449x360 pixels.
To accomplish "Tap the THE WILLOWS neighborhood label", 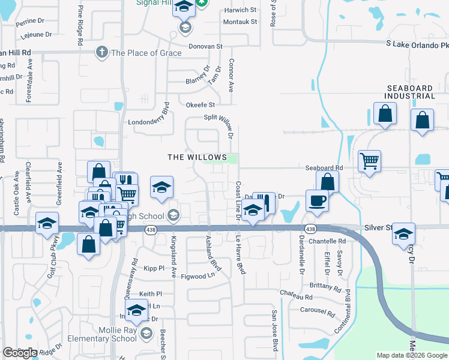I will (197, 157).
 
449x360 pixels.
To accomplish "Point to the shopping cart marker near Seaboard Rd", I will (369, 161).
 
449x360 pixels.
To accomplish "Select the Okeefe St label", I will (200, 105).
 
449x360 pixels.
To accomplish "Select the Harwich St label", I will (240, 10).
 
